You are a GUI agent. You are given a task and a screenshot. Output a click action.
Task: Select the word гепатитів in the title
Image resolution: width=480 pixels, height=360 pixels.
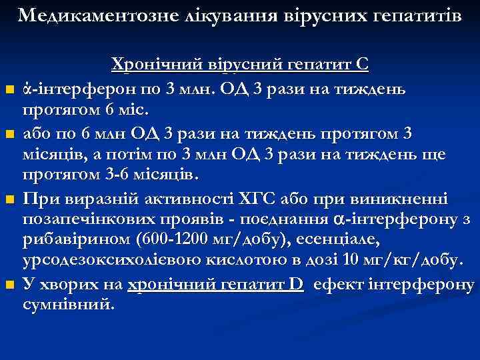point(407,15)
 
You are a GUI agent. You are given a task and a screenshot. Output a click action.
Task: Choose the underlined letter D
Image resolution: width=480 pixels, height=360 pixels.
point(297,286)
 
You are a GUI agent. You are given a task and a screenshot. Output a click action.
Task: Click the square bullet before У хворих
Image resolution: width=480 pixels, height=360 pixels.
point(9,287)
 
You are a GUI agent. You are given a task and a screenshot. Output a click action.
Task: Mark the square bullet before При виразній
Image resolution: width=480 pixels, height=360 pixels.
point(9,201)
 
